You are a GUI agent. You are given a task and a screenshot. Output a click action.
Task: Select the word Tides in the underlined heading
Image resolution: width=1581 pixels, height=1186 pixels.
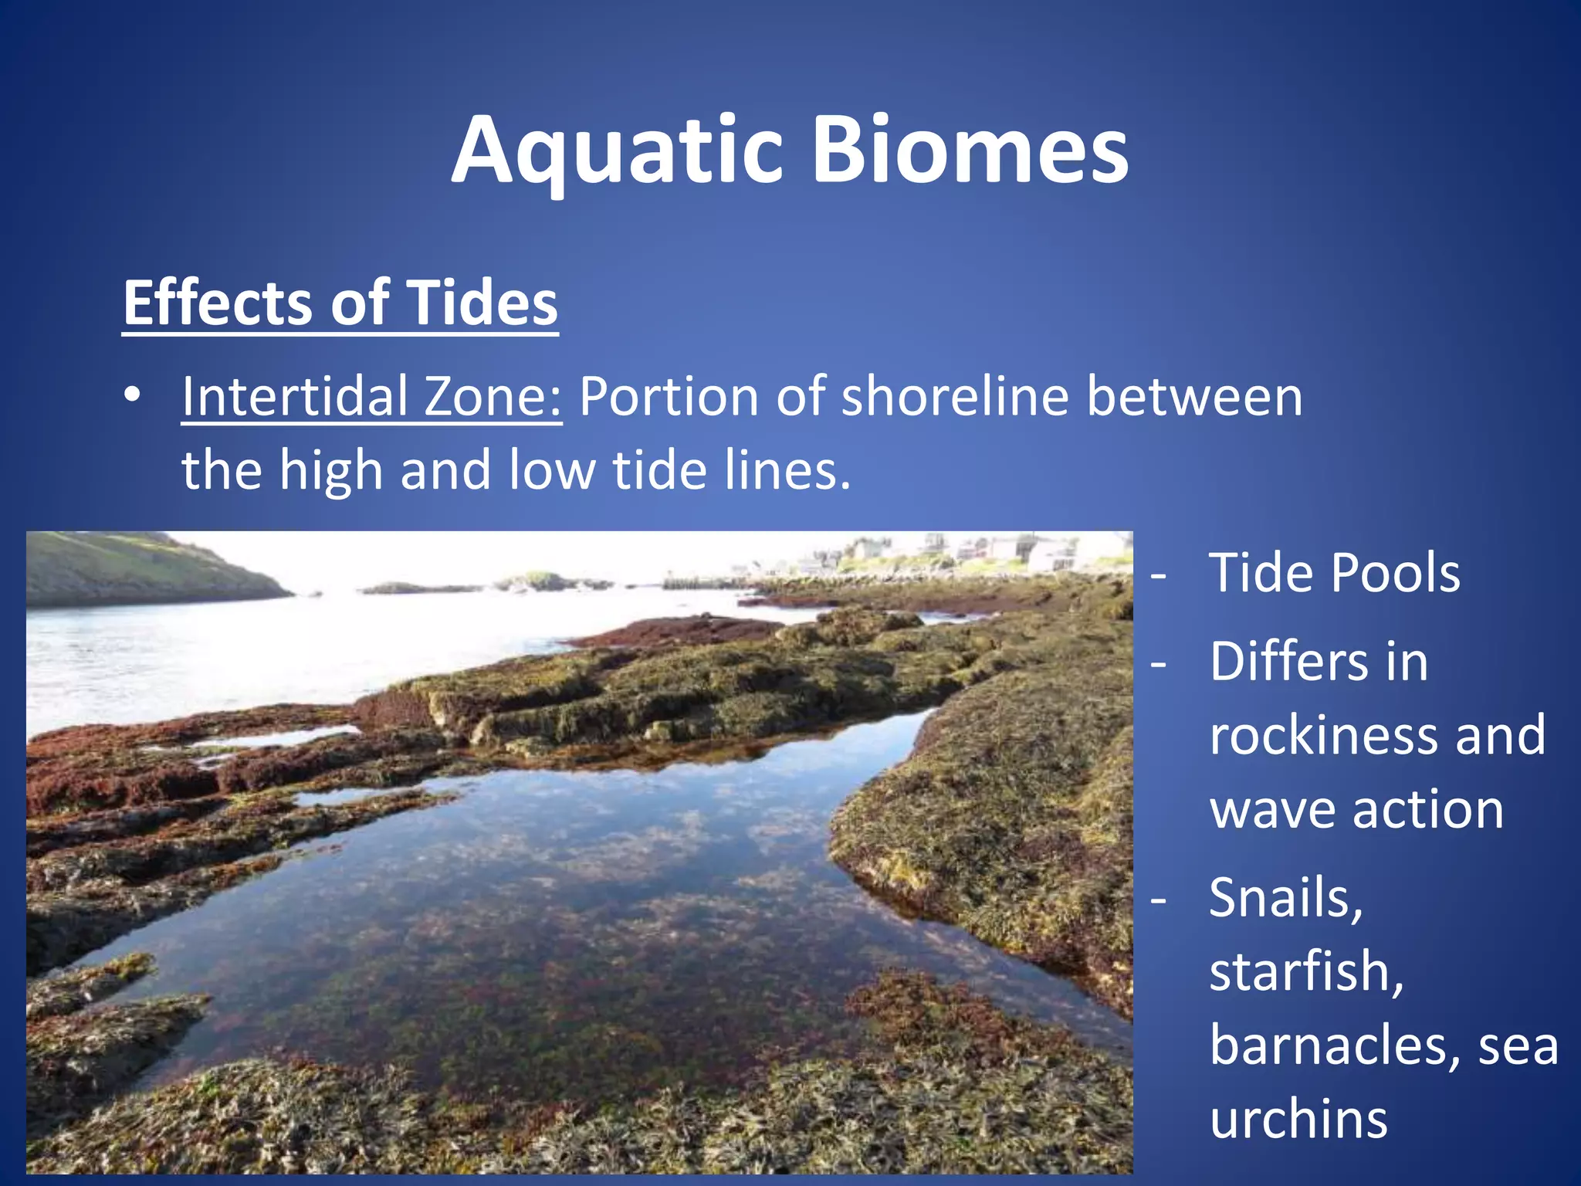click(482, 303)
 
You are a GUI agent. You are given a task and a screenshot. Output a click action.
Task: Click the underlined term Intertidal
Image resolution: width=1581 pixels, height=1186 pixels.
click(294, 396)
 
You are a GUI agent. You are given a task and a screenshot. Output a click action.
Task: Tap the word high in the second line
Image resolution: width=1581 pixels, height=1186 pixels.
click(330, 469)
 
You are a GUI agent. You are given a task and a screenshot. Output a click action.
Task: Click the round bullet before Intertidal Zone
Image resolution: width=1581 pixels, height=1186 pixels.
click(133, 395)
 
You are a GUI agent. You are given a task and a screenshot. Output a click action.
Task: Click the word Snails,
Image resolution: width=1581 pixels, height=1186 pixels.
click(1286, 899)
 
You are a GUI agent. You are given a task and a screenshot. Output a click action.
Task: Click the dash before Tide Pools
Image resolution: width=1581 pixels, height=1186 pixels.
click(1158, 575)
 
